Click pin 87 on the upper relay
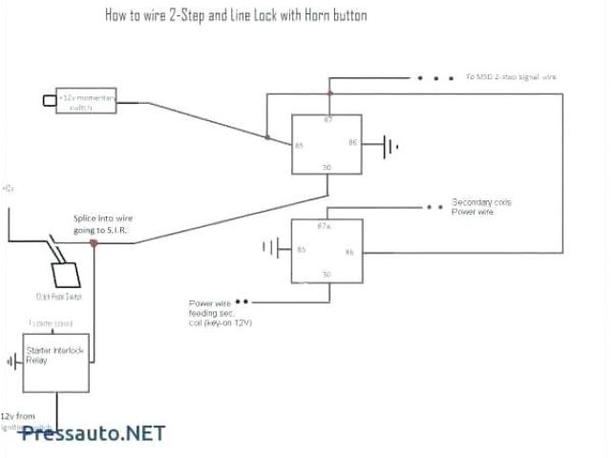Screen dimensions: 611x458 328,118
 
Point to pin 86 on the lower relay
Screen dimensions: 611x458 349,252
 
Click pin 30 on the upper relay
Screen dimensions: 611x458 327,168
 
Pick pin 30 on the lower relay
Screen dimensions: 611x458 327,275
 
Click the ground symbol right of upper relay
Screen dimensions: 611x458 390,146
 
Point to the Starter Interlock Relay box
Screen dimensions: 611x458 55,361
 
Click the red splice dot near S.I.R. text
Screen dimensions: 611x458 94,243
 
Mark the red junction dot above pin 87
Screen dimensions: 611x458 329,94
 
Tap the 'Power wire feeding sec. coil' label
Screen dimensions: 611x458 221,312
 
